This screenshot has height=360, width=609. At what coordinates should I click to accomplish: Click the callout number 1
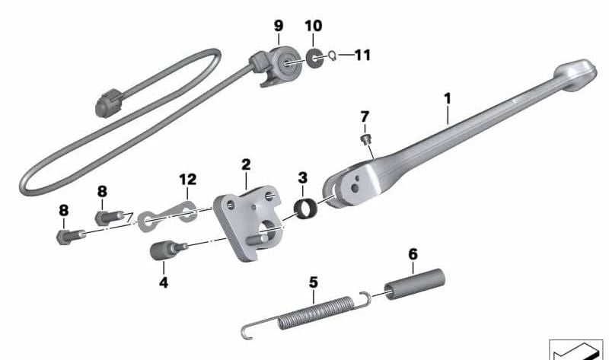(x=448, y=99)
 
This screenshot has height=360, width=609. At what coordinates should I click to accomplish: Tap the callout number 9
(x=279, y=26)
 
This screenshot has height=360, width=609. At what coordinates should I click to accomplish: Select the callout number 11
(x=362, y=55)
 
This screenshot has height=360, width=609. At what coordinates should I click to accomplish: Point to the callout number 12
(x=187, y=180)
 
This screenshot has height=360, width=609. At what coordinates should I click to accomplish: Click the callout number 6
(x=413, y=254)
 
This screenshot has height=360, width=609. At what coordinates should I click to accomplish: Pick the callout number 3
(x=302, y=178)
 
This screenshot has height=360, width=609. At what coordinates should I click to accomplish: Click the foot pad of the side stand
(x=576, y=75)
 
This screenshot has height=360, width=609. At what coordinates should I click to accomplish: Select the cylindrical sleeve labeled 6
(x=414, y=284)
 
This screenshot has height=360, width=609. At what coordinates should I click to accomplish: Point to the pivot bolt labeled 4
(x=167, y=250)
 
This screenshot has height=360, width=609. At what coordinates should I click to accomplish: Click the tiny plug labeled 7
(x=365, y=139)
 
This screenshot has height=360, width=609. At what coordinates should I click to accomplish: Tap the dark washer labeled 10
(x=313, y=59)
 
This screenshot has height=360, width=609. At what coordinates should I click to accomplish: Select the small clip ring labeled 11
(x=332, y=56)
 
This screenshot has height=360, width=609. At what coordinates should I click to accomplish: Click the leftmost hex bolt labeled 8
(x=70, y=237)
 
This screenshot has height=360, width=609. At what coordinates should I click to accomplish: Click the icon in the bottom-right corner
(x=576, y=349)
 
